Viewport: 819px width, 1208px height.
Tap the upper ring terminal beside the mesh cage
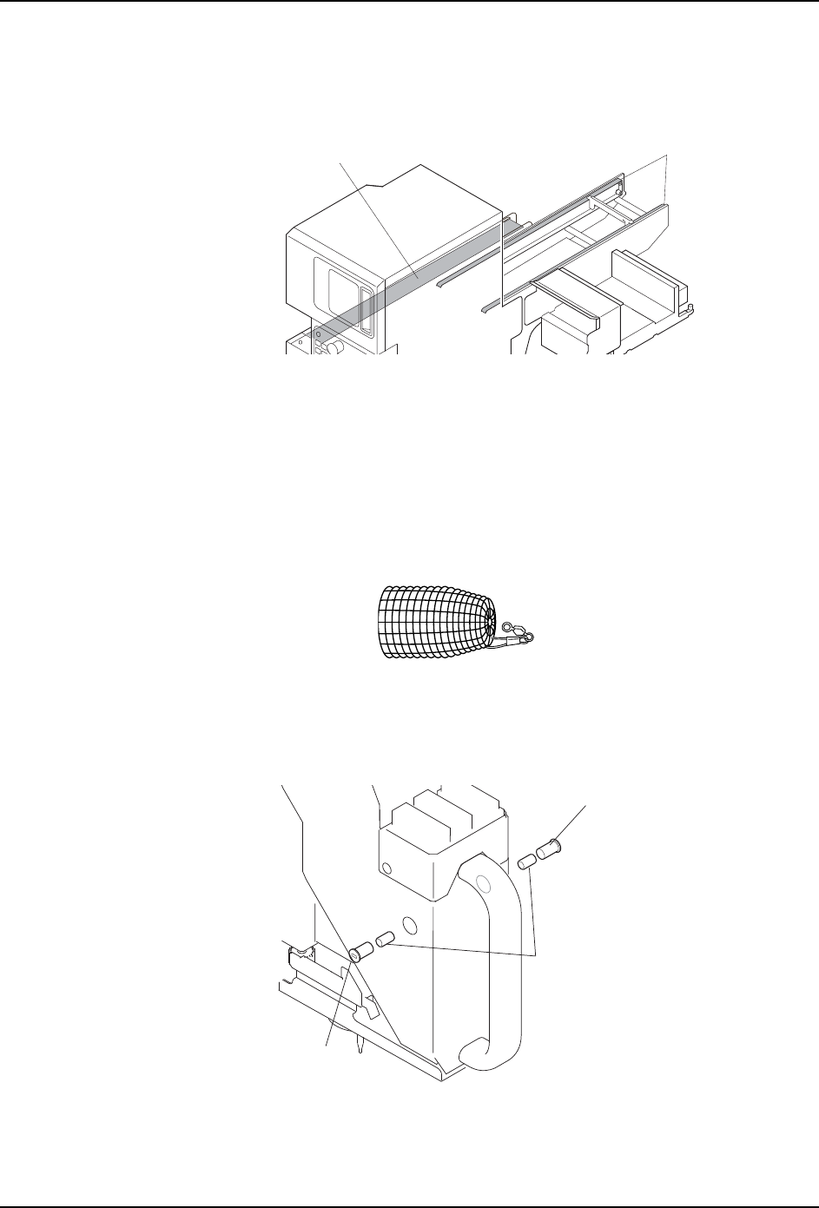tap(512, 623)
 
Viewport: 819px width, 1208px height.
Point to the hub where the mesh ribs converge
tap(490, 622)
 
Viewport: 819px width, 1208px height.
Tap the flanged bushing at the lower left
tap(360, 952)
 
